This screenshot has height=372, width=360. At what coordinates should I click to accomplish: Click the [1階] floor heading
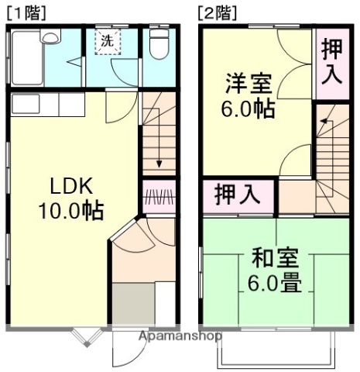[26, 12]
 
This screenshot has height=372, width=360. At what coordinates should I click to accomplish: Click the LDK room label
[71, 186]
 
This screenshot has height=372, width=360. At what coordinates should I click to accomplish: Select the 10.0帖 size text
[71, 209]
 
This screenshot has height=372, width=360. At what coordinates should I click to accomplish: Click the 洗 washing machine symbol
[105, 41]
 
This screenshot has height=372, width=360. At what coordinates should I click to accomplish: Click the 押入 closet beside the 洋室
[331, 64]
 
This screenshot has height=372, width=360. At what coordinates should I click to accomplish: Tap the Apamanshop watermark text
[180, 336]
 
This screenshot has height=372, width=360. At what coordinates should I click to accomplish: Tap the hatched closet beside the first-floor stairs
[159, 198]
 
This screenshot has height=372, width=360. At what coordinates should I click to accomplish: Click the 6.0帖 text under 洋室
[249, 108]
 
